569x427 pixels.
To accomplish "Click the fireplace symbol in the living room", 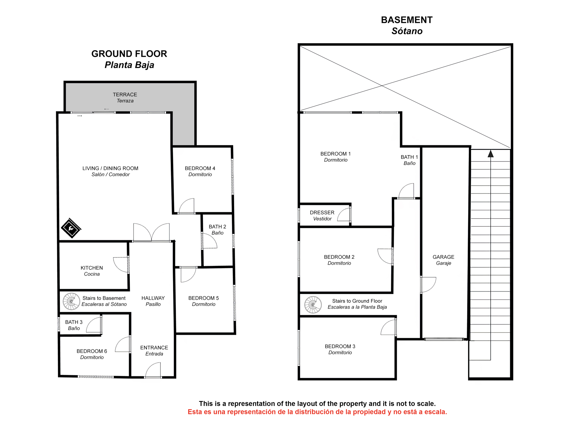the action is [71, 228].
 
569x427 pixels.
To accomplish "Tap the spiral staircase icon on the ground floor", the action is [71, 301].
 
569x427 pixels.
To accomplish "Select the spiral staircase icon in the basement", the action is [313, 305].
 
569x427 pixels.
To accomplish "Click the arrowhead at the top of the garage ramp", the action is [491, 154].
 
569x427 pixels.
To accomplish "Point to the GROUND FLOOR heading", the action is [129, 54].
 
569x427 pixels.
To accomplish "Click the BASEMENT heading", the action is [407, 20].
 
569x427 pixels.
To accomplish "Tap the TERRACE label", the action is [125, 95].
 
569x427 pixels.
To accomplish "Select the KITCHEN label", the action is [92, 268].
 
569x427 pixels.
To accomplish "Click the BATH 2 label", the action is [217, 226].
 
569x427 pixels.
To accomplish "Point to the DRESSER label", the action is [322, 212].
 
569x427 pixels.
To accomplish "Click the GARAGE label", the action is [443, 257].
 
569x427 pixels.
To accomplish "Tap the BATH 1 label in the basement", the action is [409, 157].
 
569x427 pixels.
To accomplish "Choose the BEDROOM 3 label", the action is [340, 346].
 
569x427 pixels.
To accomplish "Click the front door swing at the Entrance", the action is [153, 370].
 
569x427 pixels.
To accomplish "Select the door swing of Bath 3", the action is [94, 324].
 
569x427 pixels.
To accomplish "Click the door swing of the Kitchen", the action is [121, 265].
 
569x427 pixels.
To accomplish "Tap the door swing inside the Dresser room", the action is [344, 214].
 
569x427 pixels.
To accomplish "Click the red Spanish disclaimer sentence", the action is [317, 412].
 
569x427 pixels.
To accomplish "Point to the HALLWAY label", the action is [153, 298].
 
